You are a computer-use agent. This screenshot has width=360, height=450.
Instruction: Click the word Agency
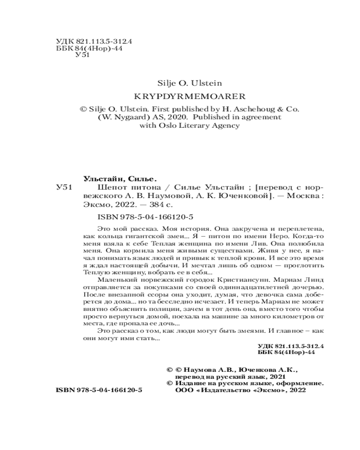click(x=224, y=126)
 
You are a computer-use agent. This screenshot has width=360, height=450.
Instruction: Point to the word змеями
click(x=245, y=343)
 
